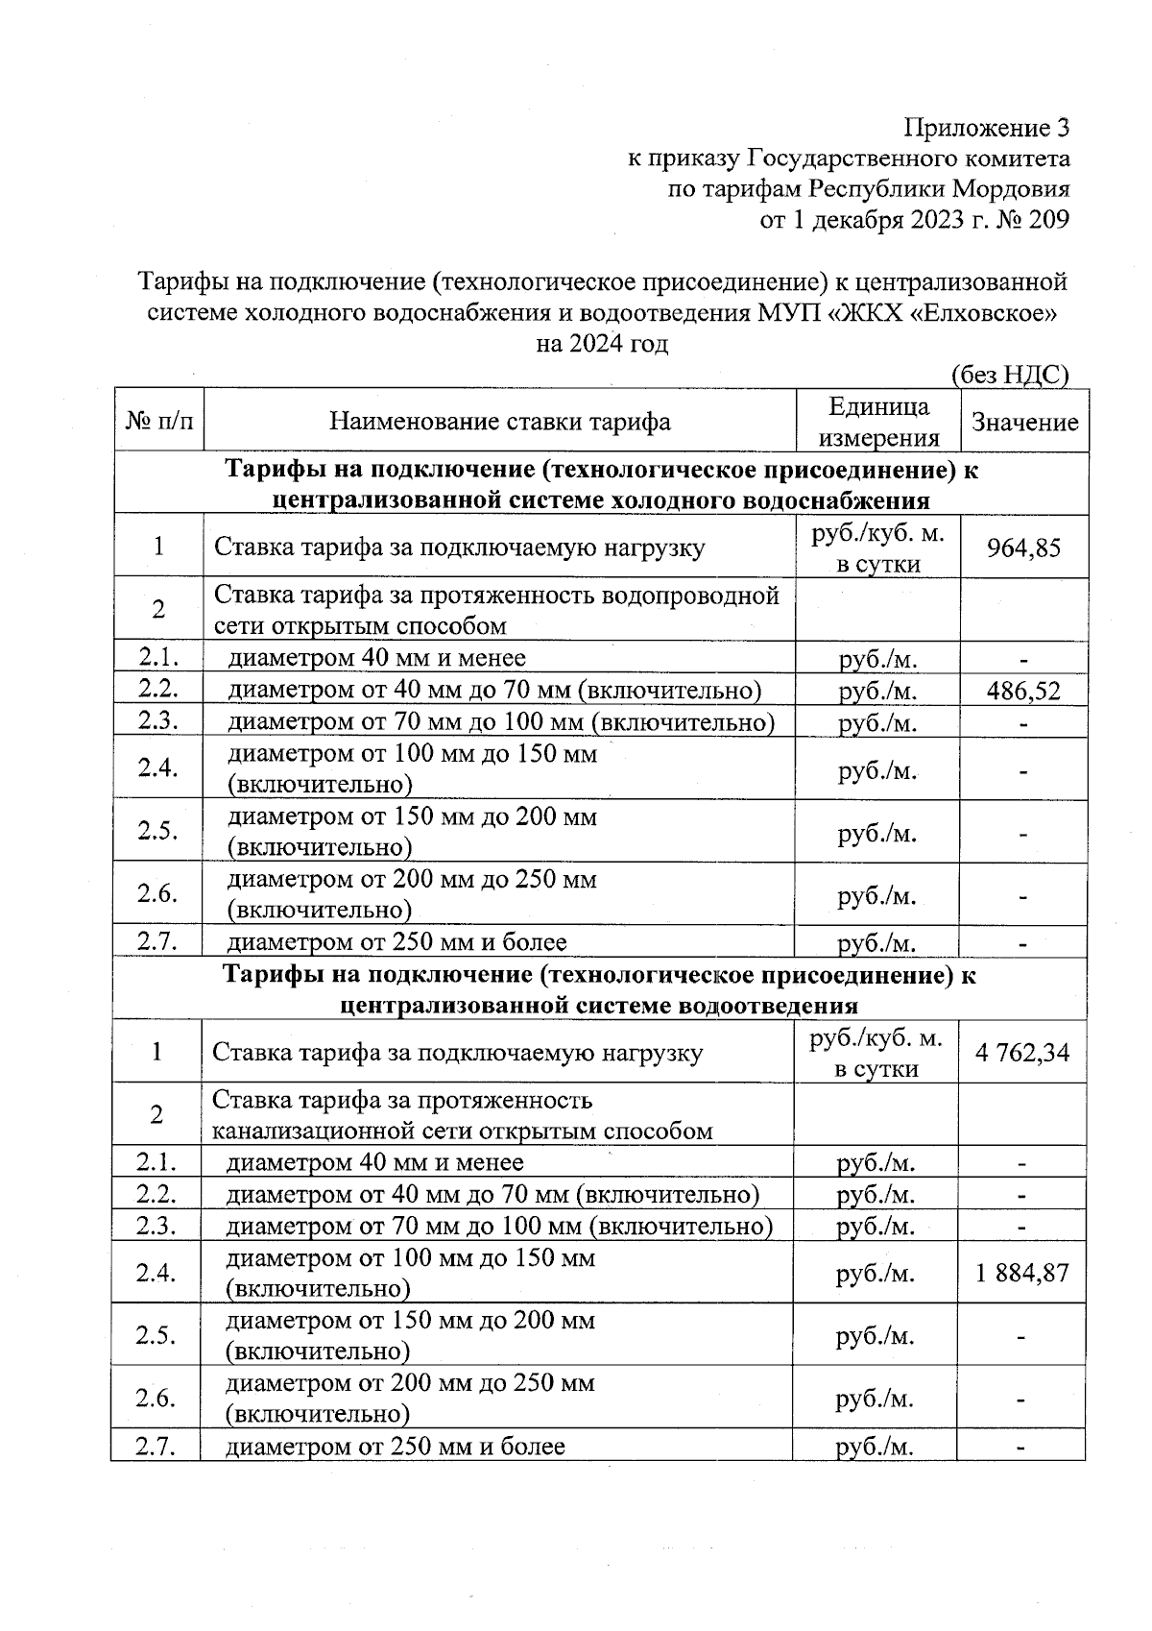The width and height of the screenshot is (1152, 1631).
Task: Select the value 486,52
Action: pyautogui.click(x=1023, y=691)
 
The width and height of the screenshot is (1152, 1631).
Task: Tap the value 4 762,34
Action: pyautogui.click(x=1021, y=1053)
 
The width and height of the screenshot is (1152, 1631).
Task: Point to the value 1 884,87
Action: pyautogui.click(x=1021, y=1274)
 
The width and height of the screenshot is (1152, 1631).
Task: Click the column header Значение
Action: pyautogui.click(x=1024, y=423)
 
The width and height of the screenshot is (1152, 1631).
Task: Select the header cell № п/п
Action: pyautogui.click(x=158, y=422)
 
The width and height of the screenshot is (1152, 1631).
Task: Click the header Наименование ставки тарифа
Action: pyautogui.click(x=499, y=422)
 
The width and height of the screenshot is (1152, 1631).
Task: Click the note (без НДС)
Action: pyautogui.click(x=1010, y=375)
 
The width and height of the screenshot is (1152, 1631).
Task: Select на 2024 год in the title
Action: pyautogui.click(x=601, y=343)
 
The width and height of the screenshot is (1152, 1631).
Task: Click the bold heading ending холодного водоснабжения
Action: pyautogui.click(x=601, y=485)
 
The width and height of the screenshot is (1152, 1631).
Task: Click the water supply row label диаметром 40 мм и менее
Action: pyautogui.click(x=376, y=658)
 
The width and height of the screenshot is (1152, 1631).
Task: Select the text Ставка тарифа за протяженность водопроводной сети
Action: pyautogui.click(x=495, y=610)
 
